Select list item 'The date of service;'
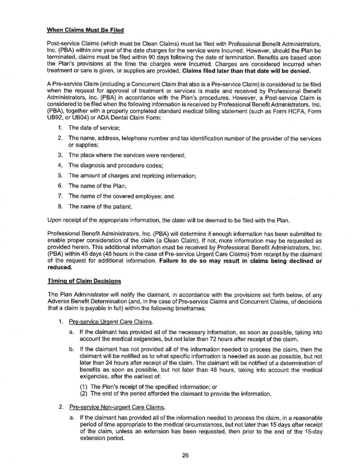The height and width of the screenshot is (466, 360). pyautogui.click(x=94, y=128)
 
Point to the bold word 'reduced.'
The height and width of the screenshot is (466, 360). pyautogui.click(x=59, y=268)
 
